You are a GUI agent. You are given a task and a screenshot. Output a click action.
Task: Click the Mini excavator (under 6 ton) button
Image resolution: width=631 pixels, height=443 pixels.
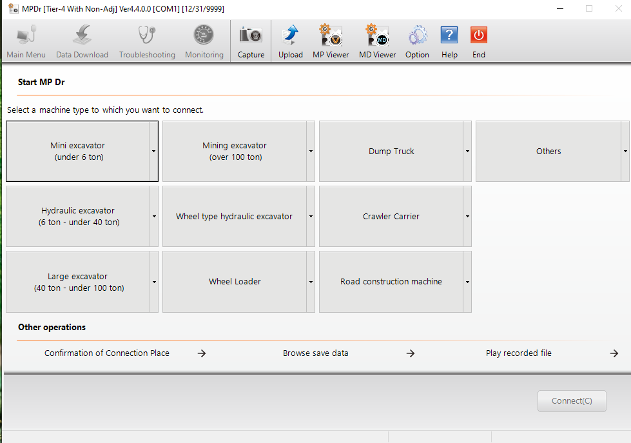pyautogui.click(x=77, y=152)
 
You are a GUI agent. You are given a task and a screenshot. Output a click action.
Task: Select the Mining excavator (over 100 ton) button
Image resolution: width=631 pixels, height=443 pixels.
pyautogui.click(x=234, y=152)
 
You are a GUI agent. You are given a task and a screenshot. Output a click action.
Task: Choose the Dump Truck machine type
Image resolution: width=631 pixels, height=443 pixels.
pyautogui.click(x=391, y=152)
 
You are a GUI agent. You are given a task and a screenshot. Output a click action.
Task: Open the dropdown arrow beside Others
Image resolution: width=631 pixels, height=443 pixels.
pyautogui.click(x=625, y=152)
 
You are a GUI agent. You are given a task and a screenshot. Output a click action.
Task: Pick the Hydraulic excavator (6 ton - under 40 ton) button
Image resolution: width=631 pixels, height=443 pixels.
pyautogui.click(x=77, y=217)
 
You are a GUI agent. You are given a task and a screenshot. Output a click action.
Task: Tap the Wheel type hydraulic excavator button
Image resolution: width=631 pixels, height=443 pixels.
pyautogui.click(x=234, y=217)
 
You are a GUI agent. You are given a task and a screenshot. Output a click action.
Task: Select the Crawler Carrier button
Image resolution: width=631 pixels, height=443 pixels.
pyautogui.click(x=391, y=217)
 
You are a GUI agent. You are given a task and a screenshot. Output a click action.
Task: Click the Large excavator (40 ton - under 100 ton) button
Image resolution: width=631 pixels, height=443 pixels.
pyautogui.click(x=77, y=282)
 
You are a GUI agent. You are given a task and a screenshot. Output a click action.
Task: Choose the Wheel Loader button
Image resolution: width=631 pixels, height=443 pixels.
pyautogui.click(x=234, y=282)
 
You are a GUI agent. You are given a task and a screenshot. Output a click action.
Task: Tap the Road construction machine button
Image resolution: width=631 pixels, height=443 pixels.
pyautogui.click(x=391, y=282)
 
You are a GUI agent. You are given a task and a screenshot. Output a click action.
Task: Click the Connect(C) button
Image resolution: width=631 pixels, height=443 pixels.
pyautogui.click(x=572, y=401)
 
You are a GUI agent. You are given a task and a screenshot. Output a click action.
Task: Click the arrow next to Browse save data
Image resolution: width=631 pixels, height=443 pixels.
pyautogui.click(x=411, y=353)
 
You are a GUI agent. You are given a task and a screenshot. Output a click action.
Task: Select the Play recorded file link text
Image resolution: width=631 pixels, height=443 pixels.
pyautogui.click(x=518, y=353)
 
